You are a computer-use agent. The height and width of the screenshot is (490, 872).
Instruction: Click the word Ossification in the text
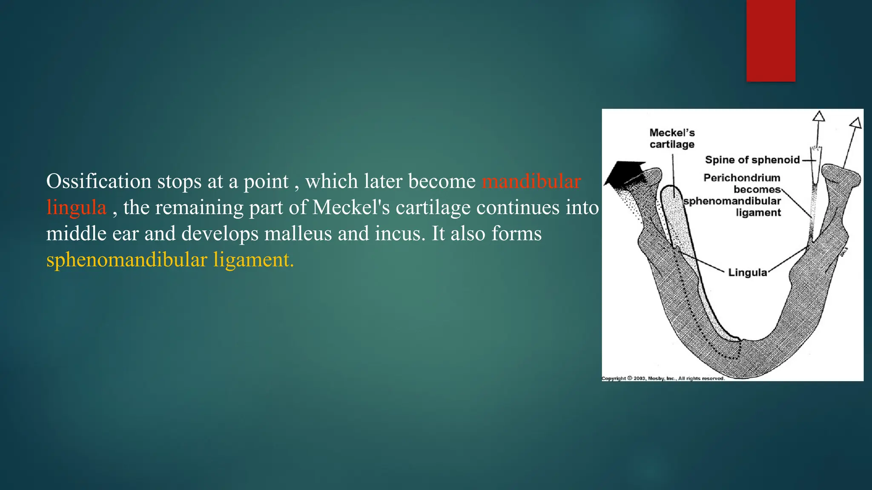98,182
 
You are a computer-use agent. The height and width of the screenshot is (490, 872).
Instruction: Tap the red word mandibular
531,182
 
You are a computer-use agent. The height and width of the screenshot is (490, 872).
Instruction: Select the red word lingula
76,208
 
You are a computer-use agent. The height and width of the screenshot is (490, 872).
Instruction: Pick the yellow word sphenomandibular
126,260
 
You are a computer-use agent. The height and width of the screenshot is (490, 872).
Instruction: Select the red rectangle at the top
771,40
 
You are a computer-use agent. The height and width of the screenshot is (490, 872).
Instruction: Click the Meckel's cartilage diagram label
672,139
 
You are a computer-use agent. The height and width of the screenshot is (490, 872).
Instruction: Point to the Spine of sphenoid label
752,160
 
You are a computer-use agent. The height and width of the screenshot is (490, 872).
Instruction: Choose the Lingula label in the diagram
747,273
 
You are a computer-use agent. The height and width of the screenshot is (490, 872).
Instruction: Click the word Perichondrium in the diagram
742,178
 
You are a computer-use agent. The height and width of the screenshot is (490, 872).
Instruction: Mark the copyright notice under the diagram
663,378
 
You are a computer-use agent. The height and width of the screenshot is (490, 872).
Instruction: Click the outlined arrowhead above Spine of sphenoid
818,117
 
